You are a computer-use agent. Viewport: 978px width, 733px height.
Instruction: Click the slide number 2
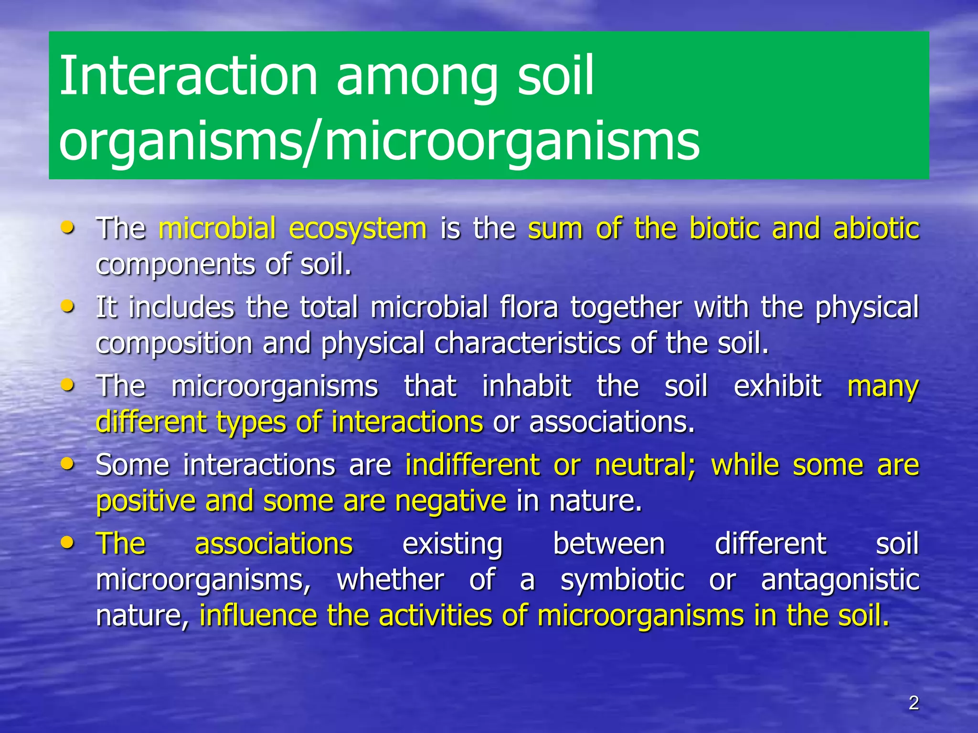(914, 703)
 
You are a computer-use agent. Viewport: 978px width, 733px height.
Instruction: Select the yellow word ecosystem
(358, 229)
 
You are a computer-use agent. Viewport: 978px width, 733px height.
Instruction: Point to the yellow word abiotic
(876, 229)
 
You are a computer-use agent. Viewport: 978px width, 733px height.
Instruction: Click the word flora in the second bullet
(529, 307)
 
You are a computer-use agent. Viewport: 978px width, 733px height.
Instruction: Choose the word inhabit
(526, 386)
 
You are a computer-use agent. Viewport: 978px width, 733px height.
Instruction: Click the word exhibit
(777, 386)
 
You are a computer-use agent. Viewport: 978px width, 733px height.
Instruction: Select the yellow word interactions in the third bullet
(407, 422)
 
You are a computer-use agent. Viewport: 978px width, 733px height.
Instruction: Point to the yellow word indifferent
(472, 465)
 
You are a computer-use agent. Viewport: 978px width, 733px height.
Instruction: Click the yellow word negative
(450, 501)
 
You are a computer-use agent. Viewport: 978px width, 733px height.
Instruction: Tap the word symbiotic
(622, 580)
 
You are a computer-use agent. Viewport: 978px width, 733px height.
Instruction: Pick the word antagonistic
(840, 580)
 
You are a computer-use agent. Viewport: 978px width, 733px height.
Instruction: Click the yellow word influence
(258, 616)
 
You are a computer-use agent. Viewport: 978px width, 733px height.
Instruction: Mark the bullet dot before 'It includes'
(68, 306)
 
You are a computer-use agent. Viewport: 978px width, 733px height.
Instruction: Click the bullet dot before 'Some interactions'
(68, 463)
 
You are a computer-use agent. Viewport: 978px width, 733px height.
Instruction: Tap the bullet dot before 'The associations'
(68, 542)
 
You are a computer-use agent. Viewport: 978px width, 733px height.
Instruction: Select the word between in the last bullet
(608, 544)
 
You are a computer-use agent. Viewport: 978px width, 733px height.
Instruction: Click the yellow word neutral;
(645, 465)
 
